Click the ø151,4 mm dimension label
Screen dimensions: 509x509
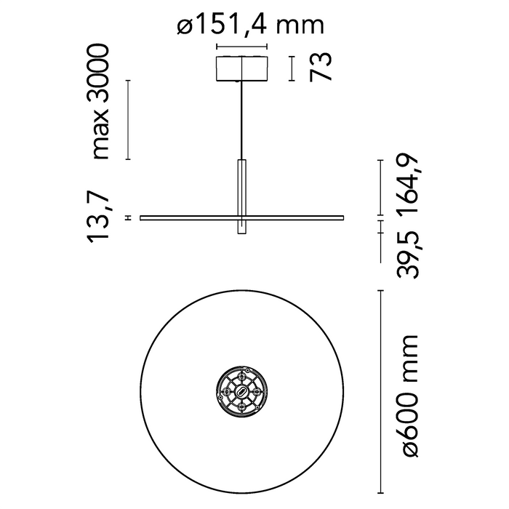point(249,25)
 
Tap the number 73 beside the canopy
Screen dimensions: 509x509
point(321,67)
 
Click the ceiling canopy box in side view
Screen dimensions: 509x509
point(242,67)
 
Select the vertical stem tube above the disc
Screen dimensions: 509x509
point(242,186)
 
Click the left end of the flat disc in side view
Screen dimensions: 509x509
point(143,217)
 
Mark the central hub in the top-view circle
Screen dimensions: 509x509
point(243,392)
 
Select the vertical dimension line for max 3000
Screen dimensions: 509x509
point(128,119)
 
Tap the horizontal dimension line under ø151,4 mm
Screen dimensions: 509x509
point(242,49)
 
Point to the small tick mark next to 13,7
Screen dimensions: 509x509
point(128,217)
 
